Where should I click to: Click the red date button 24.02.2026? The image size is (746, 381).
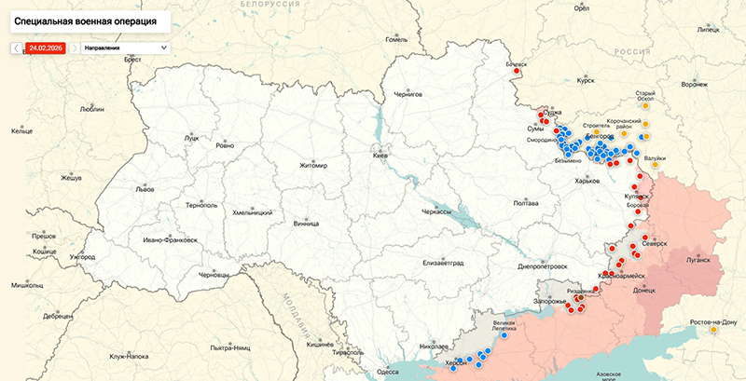tap(46, 47)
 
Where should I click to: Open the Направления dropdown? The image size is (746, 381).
tap(125, 47)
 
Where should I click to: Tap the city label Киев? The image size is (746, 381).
tap(380, 156)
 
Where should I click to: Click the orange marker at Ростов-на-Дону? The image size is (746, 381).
tap(713, 329)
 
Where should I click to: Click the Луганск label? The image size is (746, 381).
tap(697, 261)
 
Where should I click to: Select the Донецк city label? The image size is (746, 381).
tap(644, 290)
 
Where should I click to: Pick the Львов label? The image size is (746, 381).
tap(145, 188)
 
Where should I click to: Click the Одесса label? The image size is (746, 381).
tap(387, 372)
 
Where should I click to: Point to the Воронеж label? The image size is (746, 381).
tap(695, 85)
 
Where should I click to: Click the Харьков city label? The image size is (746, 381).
tap(587, 181)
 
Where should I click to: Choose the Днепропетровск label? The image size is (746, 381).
tap(542, 265)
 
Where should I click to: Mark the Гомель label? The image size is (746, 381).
tap(397, 39)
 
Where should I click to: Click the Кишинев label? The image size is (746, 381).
tap(320, 344)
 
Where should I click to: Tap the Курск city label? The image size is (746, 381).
tap(586, 81)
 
